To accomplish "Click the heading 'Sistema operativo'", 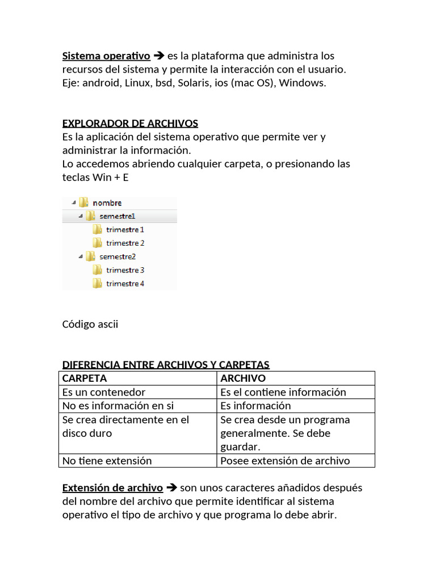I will [x=106, y=56].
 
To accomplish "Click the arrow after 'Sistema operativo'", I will [x=159, y=56].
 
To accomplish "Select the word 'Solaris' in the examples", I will [x=193, y=83].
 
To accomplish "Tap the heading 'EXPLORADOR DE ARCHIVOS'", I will [x=130, y=123].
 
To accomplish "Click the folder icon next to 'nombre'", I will [x=83, y=203].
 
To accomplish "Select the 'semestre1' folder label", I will [x=117, y=216].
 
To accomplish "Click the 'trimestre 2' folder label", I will [x=125, y=243].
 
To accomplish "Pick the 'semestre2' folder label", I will [x=117, y=256].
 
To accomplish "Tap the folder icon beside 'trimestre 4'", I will [x=97, y=283].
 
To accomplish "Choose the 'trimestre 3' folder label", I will [x=125, y=270].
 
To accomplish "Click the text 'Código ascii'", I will [x=90, y=324].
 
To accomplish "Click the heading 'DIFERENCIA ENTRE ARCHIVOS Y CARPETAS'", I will [x=166, y=364].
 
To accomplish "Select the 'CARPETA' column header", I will [x=85, y=378].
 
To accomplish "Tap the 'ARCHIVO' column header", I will [x=243, y=378].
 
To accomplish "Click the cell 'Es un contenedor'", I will [x=104, y=392].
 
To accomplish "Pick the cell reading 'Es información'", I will [x=255, y=406].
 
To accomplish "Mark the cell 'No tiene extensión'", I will [x=107, y=461].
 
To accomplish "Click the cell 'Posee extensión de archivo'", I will [x=285, y=461].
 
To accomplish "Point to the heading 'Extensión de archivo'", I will [x=112, y=488].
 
